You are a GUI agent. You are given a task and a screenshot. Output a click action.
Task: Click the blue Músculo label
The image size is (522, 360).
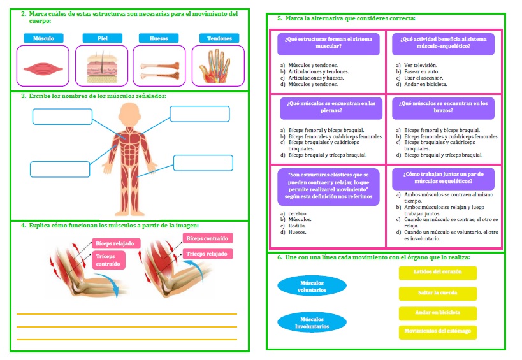click(43, 38)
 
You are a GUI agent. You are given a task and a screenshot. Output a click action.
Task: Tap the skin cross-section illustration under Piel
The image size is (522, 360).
click(102, 67)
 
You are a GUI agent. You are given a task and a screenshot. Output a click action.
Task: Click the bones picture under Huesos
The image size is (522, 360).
click(160, 71)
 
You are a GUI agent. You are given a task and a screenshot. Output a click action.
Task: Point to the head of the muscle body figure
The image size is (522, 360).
click(129, 115)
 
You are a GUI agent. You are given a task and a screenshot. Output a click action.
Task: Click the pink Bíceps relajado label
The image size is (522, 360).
click(116, 243)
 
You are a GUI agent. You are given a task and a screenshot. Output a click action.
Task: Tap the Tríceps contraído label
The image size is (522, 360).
click(108, 260)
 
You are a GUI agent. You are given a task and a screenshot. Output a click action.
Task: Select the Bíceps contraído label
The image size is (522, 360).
click(207, 238)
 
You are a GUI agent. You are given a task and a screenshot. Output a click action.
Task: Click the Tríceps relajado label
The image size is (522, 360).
click(207, 254)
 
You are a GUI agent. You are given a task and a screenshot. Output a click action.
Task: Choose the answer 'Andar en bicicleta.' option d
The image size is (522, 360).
click(421, 85)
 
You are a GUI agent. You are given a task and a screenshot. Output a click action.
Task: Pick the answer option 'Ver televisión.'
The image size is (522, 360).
click(417, 65)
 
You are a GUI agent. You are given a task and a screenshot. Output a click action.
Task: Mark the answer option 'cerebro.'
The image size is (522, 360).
click(294, 213)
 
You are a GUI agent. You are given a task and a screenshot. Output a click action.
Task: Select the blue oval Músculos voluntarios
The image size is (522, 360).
click(312, 286)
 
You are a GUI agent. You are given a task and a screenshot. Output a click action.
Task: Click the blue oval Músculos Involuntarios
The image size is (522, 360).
click(312, 322)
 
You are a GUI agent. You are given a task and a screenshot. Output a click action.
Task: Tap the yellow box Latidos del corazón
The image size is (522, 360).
click(438, 273)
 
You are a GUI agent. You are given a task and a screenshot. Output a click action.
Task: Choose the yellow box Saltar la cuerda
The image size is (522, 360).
click(438, 294)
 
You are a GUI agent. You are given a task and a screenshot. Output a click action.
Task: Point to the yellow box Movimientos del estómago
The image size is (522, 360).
click(438, 332)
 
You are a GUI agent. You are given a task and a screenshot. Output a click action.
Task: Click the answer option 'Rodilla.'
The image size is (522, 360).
click(293, 226)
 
